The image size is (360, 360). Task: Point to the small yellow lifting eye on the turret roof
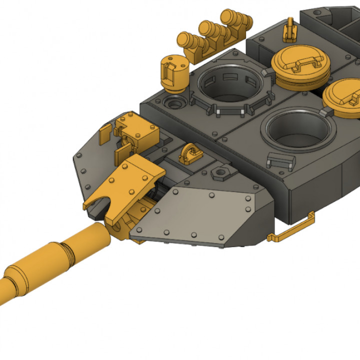[x=189, y=153]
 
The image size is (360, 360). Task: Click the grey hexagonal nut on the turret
[x=219, y=173]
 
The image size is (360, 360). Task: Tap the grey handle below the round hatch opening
[x=280, y=161]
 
